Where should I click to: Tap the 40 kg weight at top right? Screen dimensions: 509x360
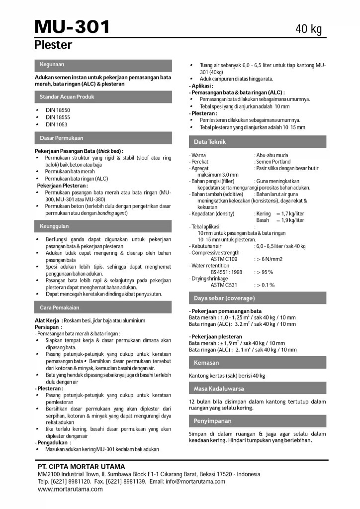click(309, 29)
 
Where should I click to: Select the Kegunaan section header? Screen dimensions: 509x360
click(52, 65)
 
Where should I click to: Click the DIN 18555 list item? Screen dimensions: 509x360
click(57, 117)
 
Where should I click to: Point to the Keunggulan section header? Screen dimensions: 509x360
click(54, 226)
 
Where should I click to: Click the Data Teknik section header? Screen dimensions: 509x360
click(210, 142)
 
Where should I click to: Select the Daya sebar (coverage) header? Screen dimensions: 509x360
click(224, 298)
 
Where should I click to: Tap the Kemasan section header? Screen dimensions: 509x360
click(206, 363)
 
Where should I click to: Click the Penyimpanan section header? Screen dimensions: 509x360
click(213, 421)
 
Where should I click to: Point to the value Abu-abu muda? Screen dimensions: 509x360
click(272, 156)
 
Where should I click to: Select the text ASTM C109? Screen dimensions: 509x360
click(224, 259)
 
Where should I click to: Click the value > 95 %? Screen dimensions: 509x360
click(264, 272)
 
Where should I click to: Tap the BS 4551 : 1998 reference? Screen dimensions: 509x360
click(226, 272)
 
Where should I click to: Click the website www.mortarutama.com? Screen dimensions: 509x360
click(70, 489)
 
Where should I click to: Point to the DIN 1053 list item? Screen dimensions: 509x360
click(56, 124)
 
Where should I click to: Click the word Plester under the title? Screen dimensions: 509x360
click(53, 45)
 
